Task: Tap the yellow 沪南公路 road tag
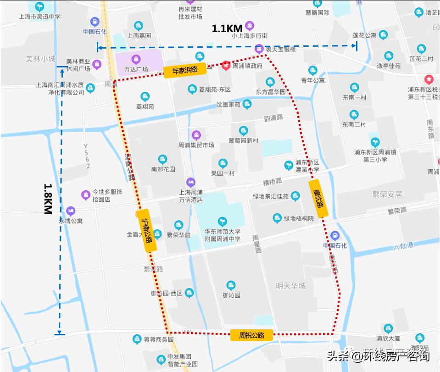click(x=147, y=231)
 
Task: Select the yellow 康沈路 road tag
click(x=318, y=198)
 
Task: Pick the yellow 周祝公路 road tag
click(x=252, y=335)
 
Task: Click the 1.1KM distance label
click(x=227, y=29)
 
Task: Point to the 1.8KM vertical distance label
click(x=48, y=199)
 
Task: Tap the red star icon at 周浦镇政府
click(x=226, y=66)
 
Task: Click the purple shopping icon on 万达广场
click(x=136, y=59)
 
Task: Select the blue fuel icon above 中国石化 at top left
click(x=95, y=21)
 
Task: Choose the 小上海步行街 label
click(x=250, y=35)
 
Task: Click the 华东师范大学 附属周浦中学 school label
click(x=223, y=235)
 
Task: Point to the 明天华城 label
click(x=291, y=286)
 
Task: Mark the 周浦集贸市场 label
click(x=196, y=145)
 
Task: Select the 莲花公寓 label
click(x=365, y=35)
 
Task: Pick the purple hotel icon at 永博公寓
click(x=70, y=211)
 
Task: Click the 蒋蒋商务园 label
click(x=159, y=339)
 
